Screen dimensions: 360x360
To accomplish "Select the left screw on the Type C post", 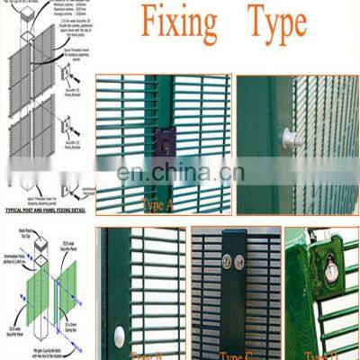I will (x=227, y=262).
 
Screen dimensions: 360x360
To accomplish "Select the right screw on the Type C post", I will (x=240, y=262).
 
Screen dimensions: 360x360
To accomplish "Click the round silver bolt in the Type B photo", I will (x=119, y=336).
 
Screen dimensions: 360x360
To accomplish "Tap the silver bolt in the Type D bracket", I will (x=331, y=269).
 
